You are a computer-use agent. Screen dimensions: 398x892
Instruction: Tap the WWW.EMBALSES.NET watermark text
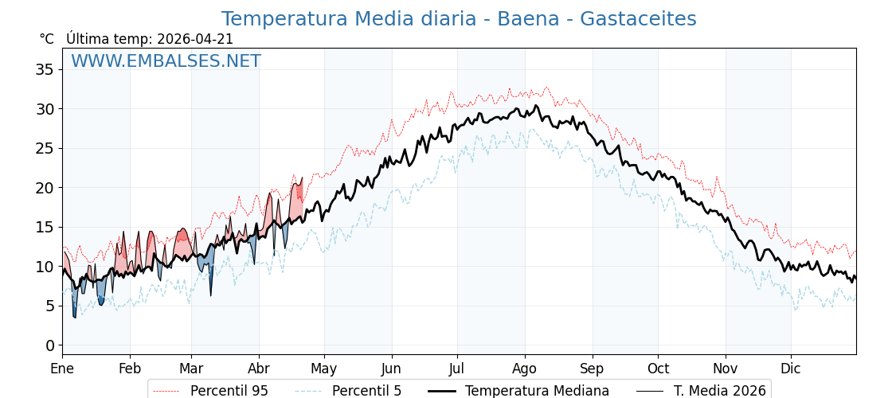pos(166,61)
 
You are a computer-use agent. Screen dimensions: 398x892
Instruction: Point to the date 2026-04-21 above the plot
pos(195,39)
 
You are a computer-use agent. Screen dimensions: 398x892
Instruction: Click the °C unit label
pos(47,39)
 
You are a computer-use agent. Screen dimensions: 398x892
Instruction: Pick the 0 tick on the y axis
pos(50,345)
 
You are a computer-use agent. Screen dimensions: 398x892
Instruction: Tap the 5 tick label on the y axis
pos(50,306)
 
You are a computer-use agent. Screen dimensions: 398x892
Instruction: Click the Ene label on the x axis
pos(62,369)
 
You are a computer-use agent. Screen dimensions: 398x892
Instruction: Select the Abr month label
pos(259,369)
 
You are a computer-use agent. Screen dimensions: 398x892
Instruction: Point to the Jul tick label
pos(457,369)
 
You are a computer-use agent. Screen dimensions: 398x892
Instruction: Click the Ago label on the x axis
pos(525,369)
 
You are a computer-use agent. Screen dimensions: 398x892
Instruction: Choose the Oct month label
pos(658,369)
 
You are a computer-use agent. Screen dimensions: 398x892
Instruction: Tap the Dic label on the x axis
pos(791,369)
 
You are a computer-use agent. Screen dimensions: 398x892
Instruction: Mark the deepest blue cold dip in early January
pos(75,315)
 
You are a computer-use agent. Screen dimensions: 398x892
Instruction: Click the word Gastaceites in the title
pos(638,19)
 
